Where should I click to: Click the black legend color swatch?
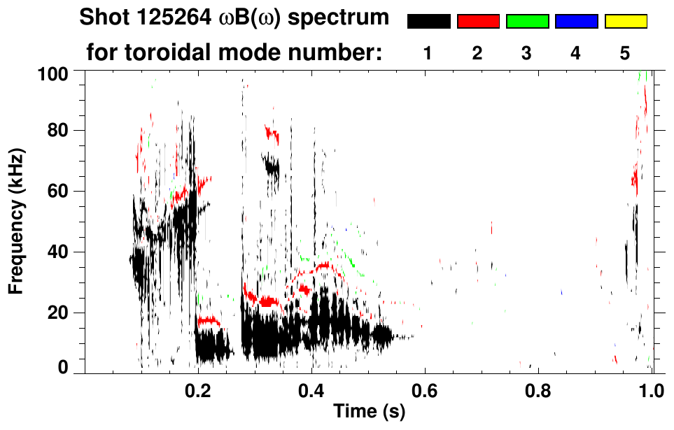(x=428, y=22)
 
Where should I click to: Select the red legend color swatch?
(x=478, y=22)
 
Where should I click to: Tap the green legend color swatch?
(x=527, y=22)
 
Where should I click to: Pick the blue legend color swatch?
(x=576, y=22)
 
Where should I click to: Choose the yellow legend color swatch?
(x=626, y=22)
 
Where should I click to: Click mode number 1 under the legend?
(x=428, y=54)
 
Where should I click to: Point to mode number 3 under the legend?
(x=526, y=54)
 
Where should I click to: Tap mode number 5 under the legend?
(x=625, y=54)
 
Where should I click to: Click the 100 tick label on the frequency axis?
(x=53, y=73)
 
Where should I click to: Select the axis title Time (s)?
(x=368, y=412)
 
